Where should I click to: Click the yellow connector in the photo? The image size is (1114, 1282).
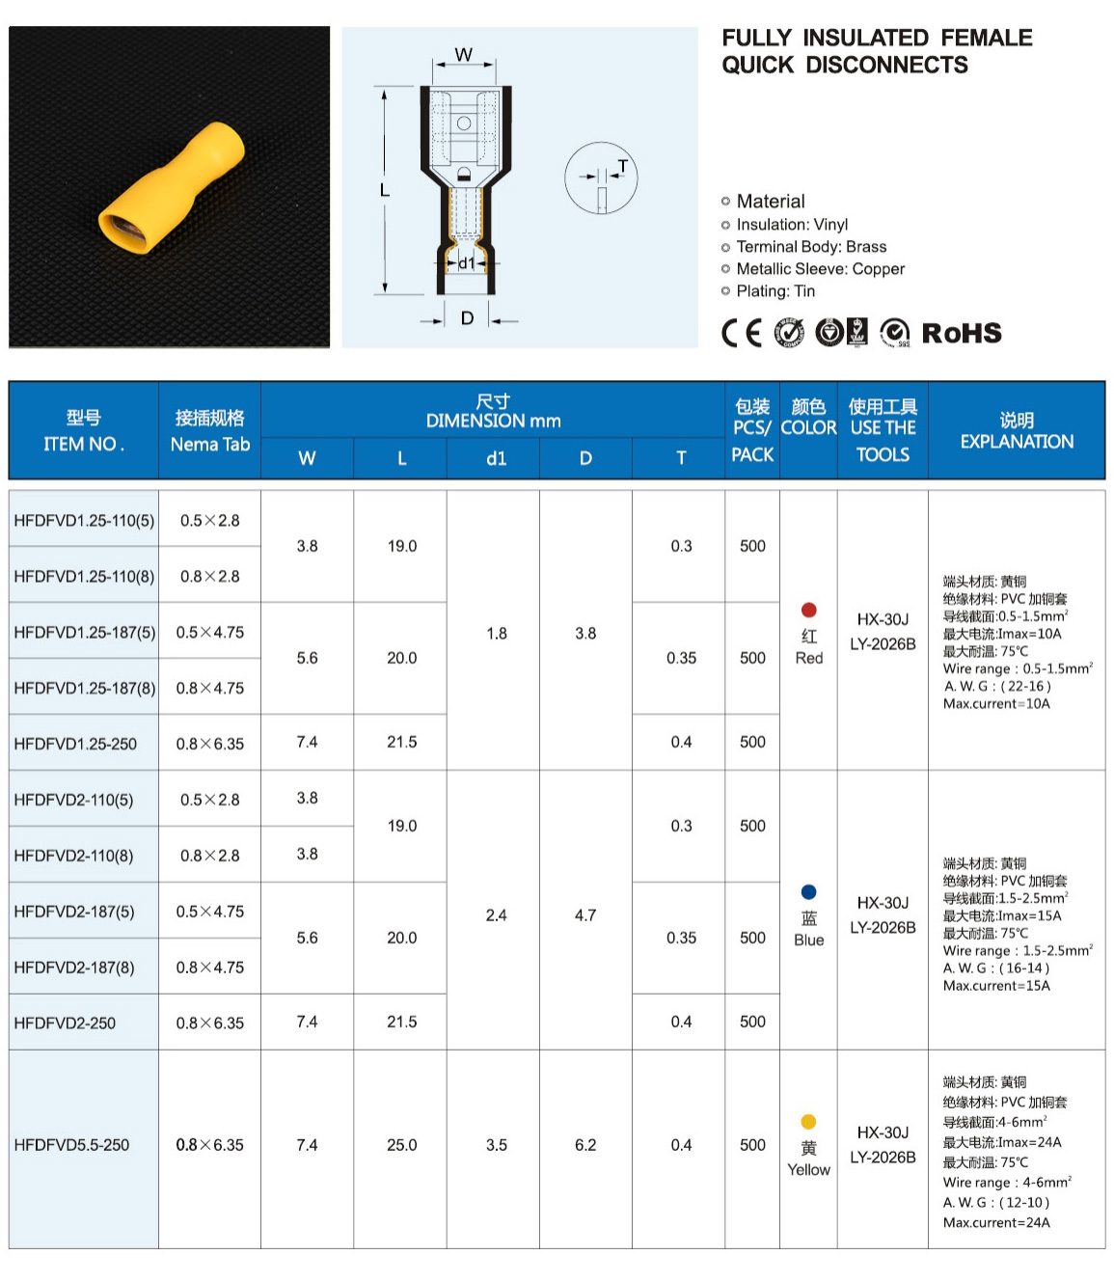(174, 187)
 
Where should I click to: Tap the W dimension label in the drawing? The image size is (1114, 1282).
(464, 55)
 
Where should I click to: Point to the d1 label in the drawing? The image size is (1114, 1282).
(467, 262)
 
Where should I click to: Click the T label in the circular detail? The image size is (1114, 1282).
(622, 166)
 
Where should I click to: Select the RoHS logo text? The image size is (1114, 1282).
(962, 333)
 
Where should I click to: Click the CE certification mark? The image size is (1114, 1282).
(742, 333)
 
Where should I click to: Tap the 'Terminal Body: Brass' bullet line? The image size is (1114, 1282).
(811, 247)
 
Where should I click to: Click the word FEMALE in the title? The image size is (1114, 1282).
(986, 38)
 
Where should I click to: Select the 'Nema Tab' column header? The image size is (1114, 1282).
(210, 445)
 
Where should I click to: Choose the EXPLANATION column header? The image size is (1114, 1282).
(1017, 442)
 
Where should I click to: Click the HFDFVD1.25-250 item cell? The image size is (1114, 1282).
(75, 744)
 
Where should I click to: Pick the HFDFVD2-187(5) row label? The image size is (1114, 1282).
(74, 912)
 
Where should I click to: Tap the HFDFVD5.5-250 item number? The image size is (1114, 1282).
(71, 1145)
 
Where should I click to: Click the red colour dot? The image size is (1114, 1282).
(809, 610)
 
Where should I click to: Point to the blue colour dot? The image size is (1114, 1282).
(809, 892)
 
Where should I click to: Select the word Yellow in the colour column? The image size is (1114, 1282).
(808, 1170)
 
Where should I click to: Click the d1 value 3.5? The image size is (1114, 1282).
(497, 1145)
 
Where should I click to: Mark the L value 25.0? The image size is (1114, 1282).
(402, 1145)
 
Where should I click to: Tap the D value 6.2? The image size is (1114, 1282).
(585, 1145)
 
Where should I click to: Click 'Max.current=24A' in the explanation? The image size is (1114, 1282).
(996, 1222)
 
